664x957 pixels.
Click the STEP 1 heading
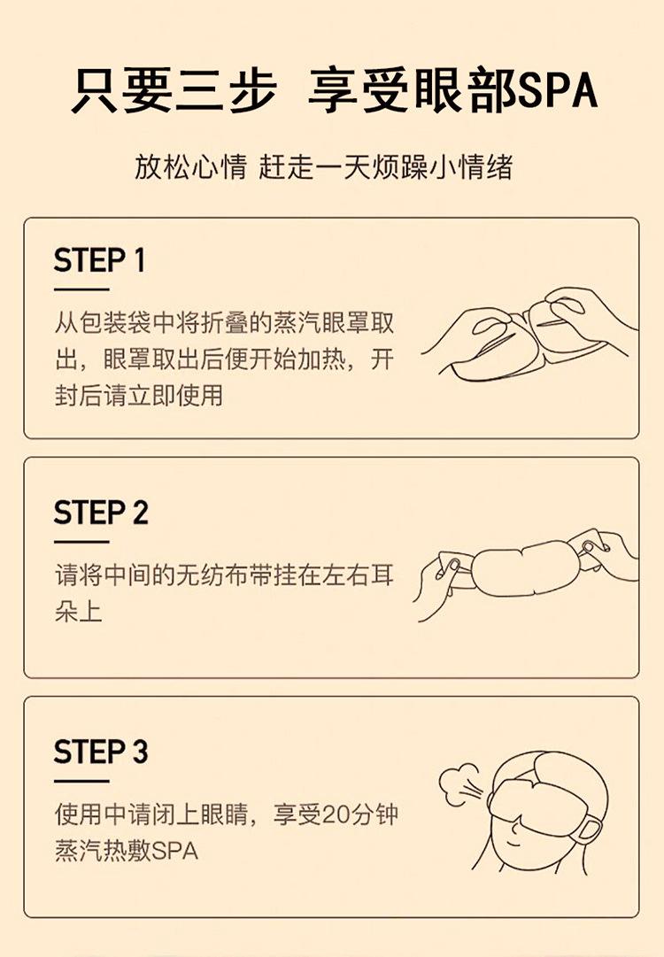99,260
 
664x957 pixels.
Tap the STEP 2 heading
101,513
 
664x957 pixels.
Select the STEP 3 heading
101,752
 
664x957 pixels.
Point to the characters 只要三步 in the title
174,91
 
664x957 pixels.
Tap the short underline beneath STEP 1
81,289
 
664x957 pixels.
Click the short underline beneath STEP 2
81,542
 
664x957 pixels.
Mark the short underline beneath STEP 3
81,781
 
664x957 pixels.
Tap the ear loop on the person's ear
589,829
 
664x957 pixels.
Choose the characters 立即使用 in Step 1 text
176,395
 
